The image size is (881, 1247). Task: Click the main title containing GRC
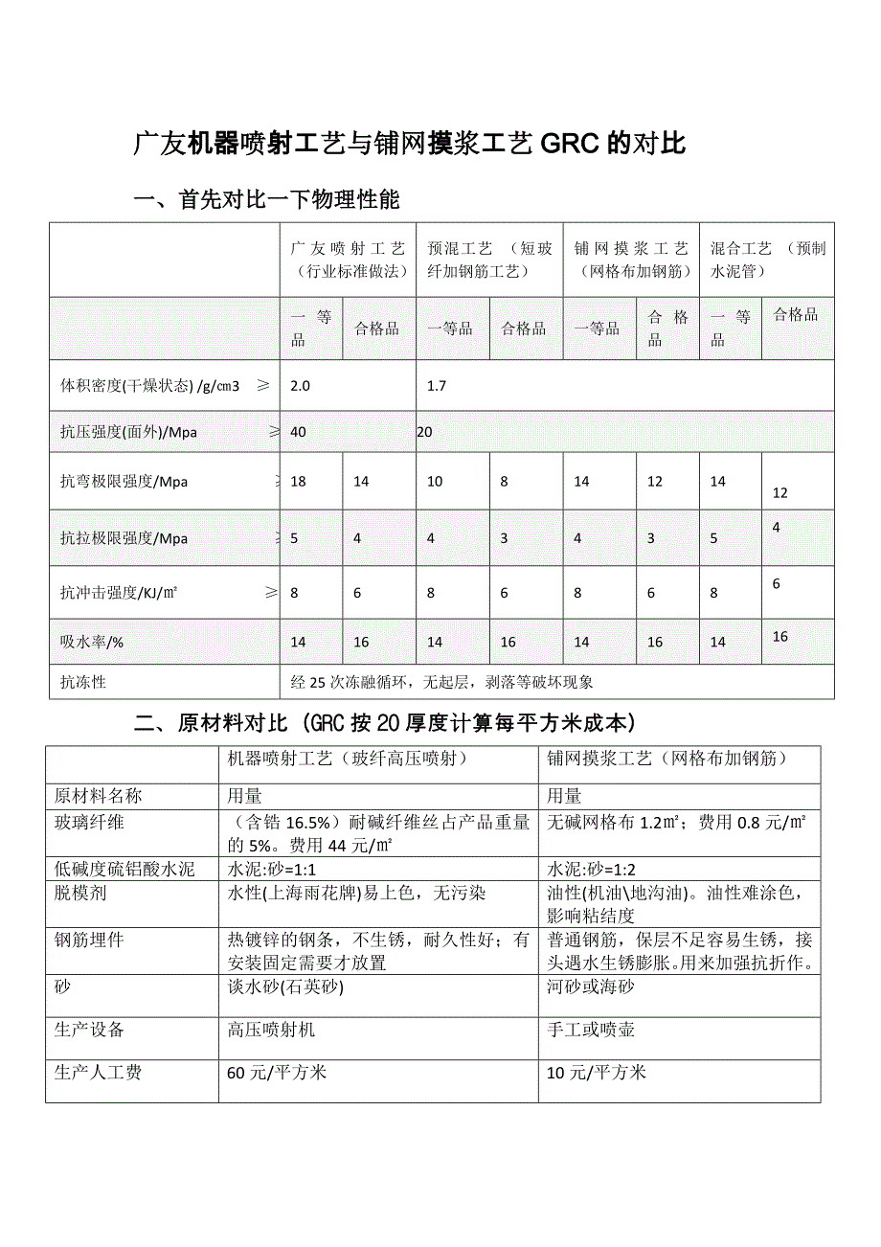410,145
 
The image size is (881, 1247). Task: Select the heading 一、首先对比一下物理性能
266,200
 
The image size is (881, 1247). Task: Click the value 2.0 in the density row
301,386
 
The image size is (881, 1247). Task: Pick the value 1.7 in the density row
437,386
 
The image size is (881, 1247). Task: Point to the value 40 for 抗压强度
299,432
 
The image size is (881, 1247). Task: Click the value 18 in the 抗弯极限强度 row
299,482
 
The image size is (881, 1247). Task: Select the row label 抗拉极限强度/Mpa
124,538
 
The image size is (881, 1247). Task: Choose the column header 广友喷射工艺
348,260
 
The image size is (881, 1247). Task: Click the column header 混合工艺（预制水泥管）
767,260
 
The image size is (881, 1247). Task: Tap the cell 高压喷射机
271,1030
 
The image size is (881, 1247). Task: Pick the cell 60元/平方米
277,1073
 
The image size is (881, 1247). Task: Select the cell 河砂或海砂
591,986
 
